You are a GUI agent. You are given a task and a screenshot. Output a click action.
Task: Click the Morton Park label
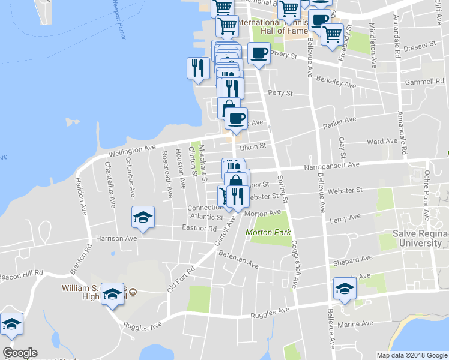[x=268, y=232]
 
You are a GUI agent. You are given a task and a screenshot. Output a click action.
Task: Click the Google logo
[x=20, y=353]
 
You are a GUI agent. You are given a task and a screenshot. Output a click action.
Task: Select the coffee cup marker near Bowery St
[x=259, y=54]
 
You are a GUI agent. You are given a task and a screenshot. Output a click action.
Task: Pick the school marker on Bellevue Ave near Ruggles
[x=345, y=290]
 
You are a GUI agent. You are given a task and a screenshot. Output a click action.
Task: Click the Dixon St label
[x=252, y=146]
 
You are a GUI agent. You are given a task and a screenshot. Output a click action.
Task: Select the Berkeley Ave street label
[x=337, y=82]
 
